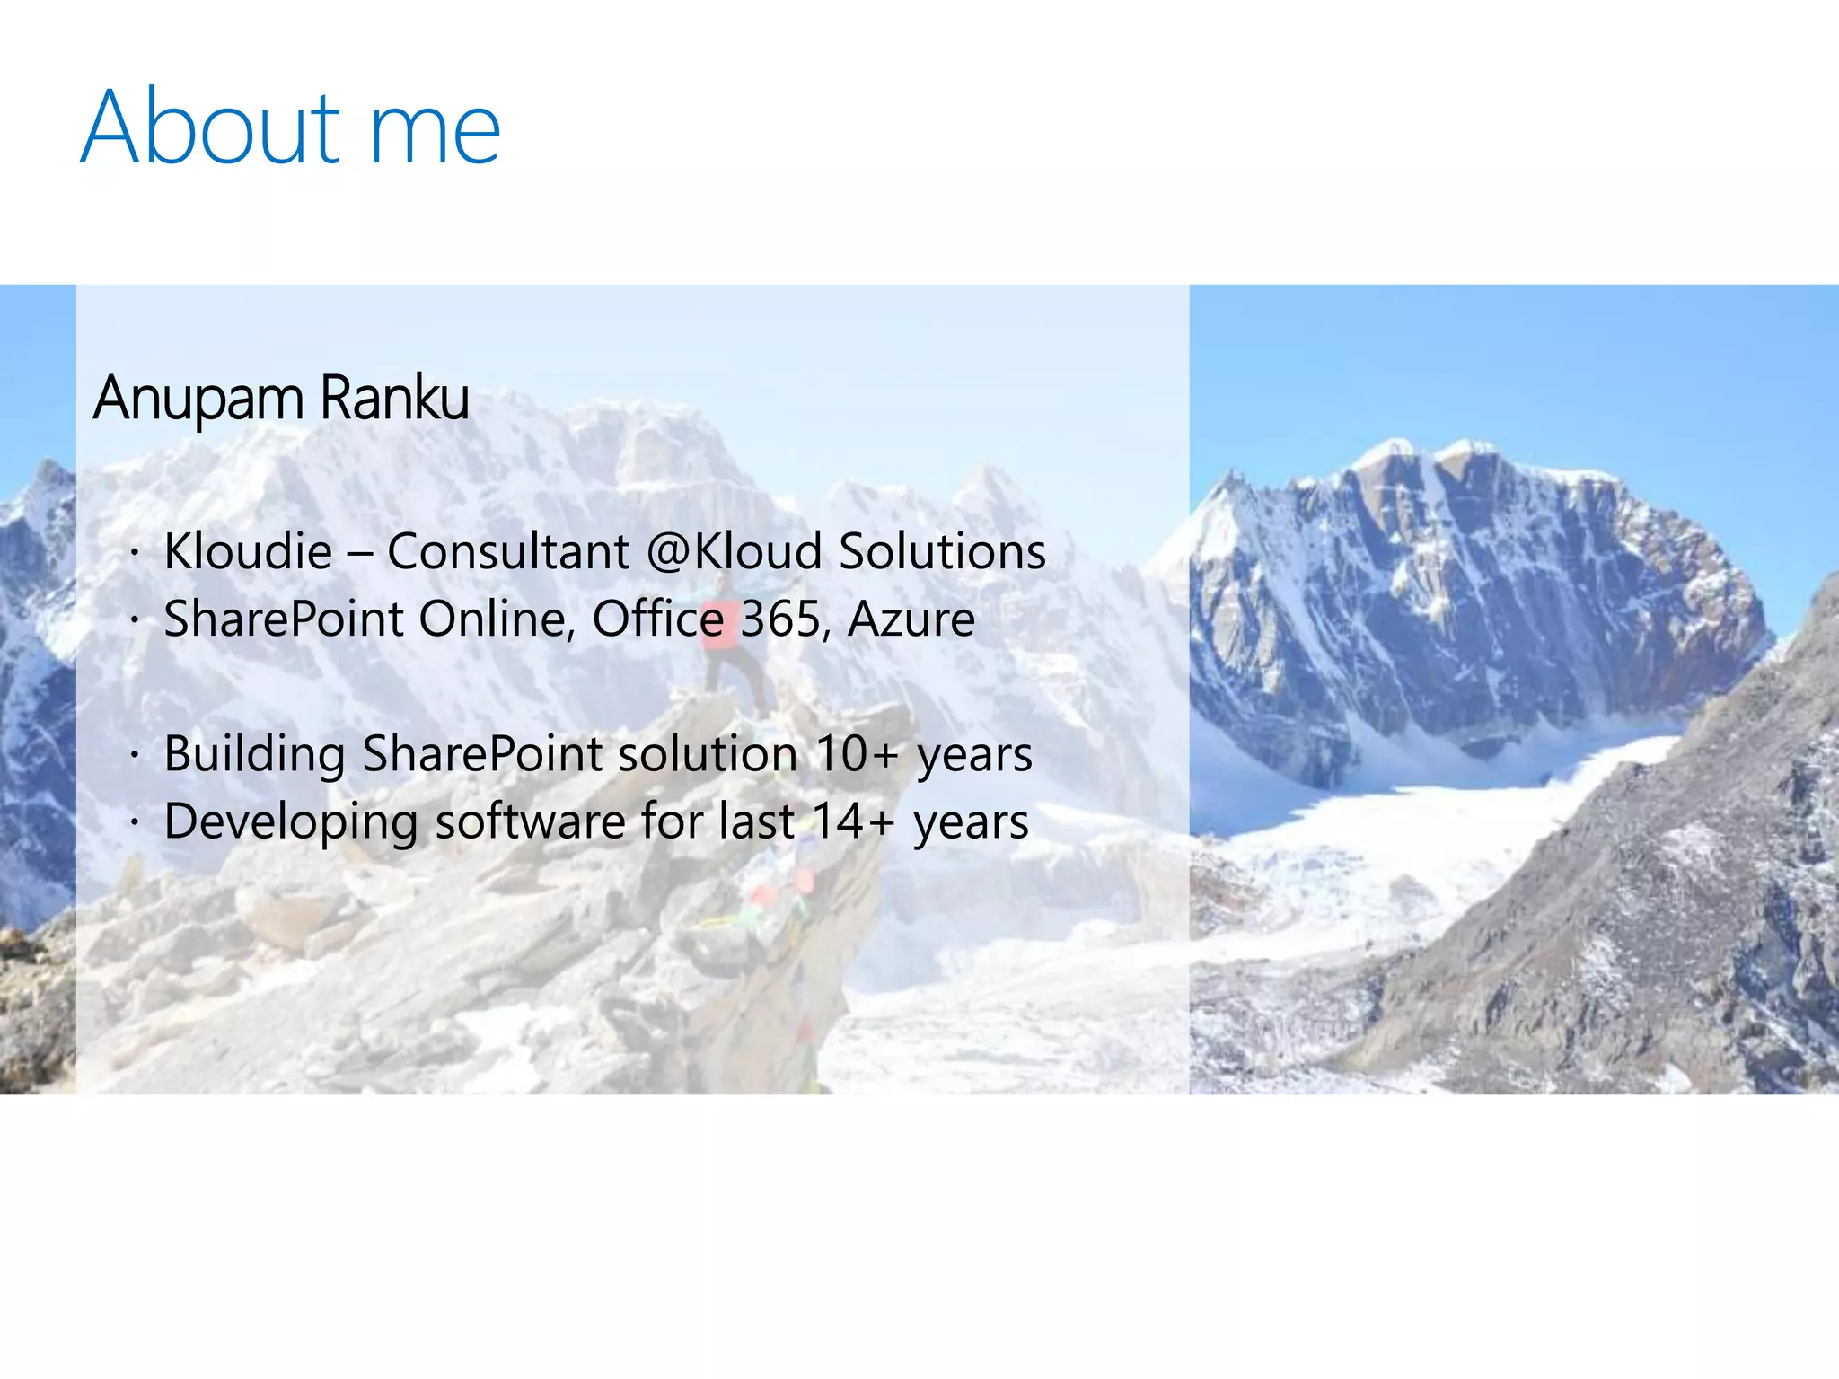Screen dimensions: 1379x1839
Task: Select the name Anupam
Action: [198, 398]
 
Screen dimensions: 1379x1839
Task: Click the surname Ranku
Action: [394, 398]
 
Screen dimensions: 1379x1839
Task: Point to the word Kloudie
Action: [248, 550]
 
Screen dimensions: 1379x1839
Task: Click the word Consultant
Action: [508, 550]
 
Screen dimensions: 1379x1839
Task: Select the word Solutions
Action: [942, 550]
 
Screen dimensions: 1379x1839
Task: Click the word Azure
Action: [911, 619]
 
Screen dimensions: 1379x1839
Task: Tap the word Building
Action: [255, 754]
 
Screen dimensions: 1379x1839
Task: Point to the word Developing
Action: [291, 822]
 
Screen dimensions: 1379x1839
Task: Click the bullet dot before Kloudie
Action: [134, 552]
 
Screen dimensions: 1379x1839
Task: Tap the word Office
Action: [658, 619]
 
